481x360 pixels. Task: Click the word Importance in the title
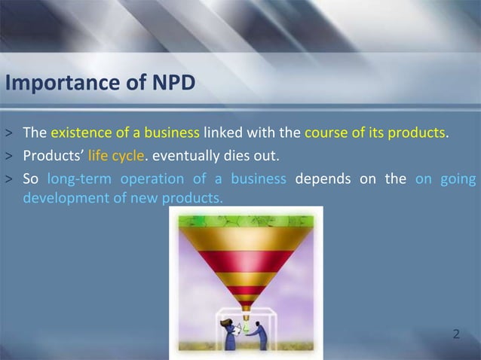tap(51, 84)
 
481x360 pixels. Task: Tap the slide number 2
tap(456, 333)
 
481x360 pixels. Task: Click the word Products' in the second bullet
tap(46, 157)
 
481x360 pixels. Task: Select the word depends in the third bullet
tap(323, 178)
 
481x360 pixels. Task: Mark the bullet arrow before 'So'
tap(9, 179)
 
